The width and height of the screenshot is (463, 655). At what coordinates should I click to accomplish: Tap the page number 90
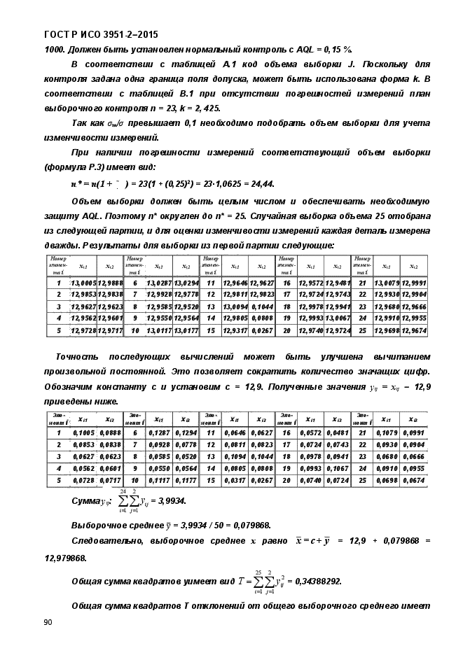tap(48, 622)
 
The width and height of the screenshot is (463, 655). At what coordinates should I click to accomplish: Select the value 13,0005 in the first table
tap(83, 282)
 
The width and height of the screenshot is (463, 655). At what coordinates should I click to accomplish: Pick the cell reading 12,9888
tap(110, 282)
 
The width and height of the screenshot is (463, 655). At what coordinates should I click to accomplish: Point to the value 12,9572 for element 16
tap(311, 282)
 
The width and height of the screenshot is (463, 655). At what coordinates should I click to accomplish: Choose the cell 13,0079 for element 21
tap(387, 282)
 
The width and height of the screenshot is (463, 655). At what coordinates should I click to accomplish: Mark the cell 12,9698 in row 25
tap(387, 330)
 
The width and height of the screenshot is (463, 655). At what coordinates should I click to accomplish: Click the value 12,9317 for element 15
tap(235, 330)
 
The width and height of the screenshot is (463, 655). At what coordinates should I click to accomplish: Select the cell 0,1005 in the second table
tap(84, 433)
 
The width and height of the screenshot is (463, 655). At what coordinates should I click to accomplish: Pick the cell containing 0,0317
tap(235, 479)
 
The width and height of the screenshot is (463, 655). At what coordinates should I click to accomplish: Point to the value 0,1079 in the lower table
tap(387, 433)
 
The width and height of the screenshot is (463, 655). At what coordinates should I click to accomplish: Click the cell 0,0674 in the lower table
tap(415, 479)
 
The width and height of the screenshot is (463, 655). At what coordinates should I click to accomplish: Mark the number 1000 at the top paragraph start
tap(55, 48)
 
